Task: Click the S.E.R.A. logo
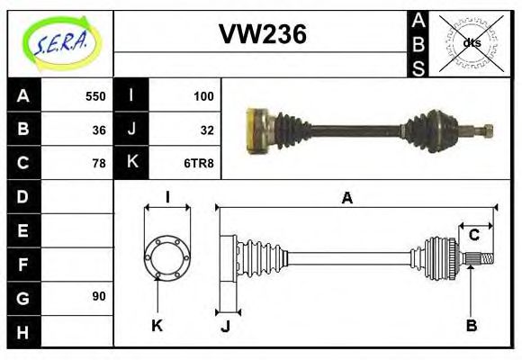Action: (x=60, y=42)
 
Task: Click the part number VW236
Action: (x=263, y=34)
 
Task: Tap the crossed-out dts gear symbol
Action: (x=471, y=42)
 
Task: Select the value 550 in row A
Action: (x=94, y=96)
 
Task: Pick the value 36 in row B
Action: (x=98, y=130)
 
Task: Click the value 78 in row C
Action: (x=98, y=163)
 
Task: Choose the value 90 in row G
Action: (x=98, y=296)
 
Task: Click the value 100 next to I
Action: (x=202, y=96)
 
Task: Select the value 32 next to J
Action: (x=206, y=130)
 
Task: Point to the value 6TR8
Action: (x=199, y=163)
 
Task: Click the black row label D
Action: (x=23, y=196)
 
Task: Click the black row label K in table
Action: (x=131, y=163)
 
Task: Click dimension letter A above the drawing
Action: (x=346, y=198)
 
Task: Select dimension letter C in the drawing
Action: (x=472, y=236)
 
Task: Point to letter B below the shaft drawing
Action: (x=471, y=325)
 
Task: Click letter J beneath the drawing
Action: (x=225, y=326)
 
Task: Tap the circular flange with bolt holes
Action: (x=166, y=257)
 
